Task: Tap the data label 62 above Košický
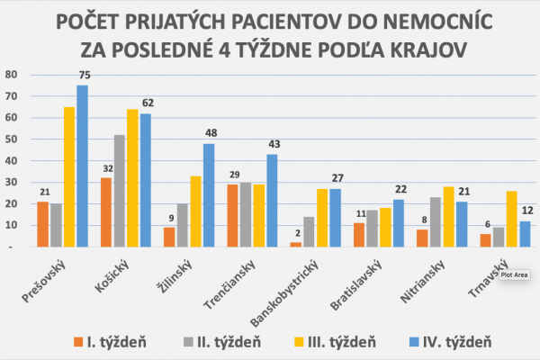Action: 146,104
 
